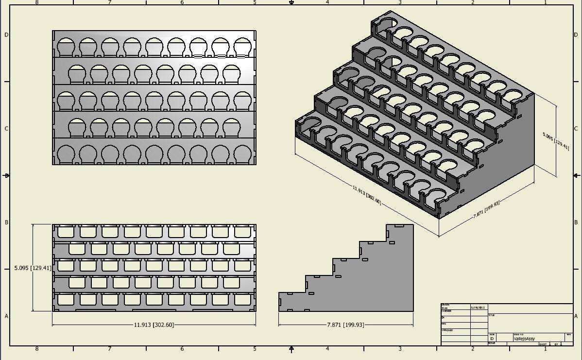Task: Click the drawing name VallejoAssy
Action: (524, 339)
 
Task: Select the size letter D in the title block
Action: (492, 339)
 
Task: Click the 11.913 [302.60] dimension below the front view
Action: (154, 325)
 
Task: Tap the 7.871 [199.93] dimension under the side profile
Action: (345, 325)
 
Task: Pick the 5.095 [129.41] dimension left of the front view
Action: (33, 268)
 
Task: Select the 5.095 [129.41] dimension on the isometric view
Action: (556, 140)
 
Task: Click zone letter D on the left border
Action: (6, 35)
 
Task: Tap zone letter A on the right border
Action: (576, 316)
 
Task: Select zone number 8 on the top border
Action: (37, 2)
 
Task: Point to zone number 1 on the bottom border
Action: (546, 349)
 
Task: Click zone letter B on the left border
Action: (6, 223)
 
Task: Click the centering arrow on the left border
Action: (6, 175)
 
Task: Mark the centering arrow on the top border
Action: (291, 3)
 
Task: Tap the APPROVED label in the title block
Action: (447, 330)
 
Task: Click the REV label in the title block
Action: (568, 334)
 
